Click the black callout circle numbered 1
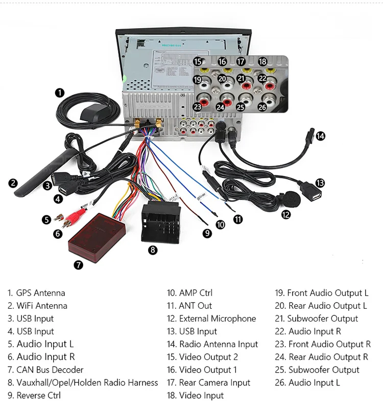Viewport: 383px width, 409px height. tap(60, 93)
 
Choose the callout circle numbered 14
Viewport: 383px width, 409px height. tap(320, 136)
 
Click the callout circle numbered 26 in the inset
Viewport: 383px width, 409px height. tap(262, 107)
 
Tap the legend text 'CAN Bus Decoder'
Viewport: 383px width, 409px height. tap(50, 370)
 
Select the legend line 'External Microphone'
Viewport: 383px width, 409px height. tap(217, 319)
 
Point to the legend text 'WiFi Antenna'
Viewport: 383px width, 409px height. tap(41, 306)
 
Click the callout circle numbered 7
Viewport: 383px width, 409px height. tap(78, 265)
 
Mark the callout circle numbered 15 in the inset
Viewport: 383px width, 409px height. tap(198, 61)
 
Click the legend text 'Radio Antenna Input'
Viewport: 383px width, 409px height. tap(218, 344)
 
